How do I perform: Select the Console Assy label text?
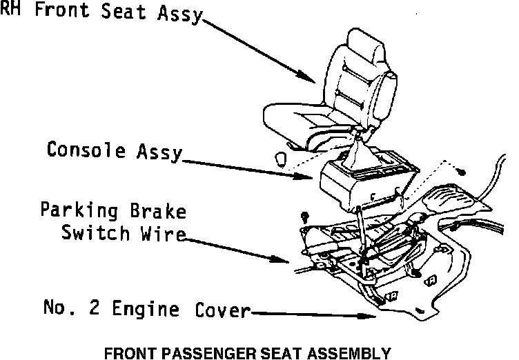(114, 150)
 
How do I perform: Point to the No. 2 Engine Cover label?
(145, 310)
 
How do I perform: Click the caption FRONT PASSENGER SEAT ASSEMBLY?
(247, 352)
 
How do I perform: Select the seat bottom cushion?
(311, 121)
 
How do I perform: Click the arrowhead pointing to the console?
(310, 177)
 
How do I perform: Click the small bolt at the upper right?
(462, 172)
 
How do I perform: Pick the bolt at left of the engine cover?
(306, 216)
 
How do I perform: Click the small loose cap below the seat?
(280, 158)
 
